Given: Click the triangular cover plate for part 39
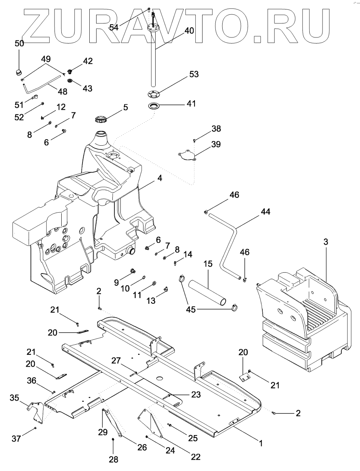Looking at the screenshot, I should [x=187, y=155].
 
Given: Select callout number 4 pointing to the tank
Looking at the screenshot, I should [x=160, y=177].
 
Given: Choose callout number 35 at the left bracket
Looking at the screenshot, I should [x=14, y=398].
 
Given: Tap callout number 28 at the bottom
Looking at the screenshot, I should [x=113, y=459].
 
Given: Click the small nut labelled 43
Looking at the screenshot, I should [x=70, y=81].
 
